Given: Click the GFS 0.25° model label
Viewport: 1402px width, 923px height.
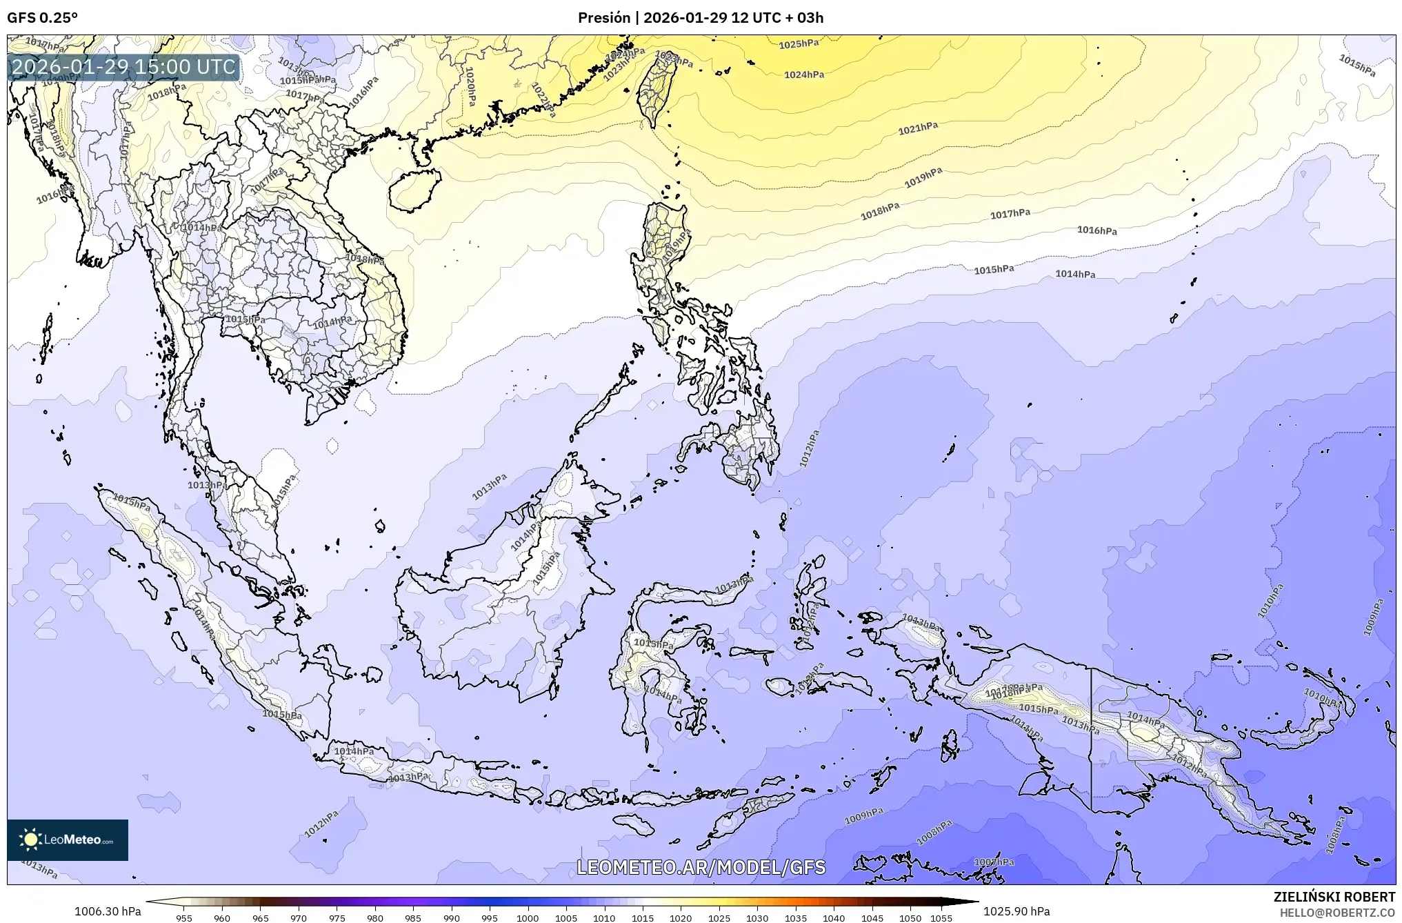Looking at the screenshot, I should (42, 18).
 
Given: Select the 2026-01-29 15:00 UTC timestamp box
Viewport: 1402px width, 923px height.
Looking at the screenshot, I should (124, 67).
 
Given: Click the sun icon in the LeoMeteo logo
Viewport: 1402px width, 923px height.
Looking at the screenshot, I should (30, 840).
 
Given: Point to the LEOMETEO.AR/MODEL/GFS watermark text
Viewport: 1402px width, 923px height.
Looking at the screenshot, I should (701, 867).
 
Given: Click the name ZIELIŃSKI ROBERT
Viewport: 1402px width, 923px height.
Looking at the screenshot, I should (1334, 897).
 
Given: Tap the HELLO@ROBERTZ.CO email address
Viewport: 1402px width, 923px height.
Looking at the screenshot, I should (1337, 913).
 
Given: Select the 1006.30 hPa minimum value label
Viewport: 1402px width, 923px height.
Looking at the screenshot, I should (108, 912).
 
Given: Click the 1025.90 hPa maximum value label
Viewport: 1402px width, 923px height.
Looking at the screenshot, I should (1017, 912).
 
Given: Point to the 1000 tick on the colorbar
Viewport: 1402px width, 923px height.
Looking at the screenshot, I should (528, 918).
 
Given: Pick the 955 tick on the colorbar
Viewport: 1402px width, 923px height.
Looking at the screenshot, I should (184, 918).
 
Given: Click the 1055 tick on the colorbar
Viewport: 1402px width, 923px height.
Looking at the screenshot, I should (941, 918).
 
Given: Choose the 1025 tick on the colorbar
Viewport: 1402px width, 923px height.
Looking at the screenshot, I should (719, 918).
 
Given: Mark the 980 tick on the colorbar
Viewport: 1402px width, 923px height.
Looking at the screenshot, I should (375, 918).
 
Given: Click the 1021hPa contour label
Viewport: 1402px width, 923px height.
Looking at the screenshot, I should (918, 128).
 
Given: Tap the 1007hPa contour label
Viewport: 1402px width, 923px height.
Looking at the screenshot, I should (994, 862).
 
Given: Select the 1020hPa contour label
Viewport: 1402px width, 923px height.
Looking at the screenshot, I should (470, 86).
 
